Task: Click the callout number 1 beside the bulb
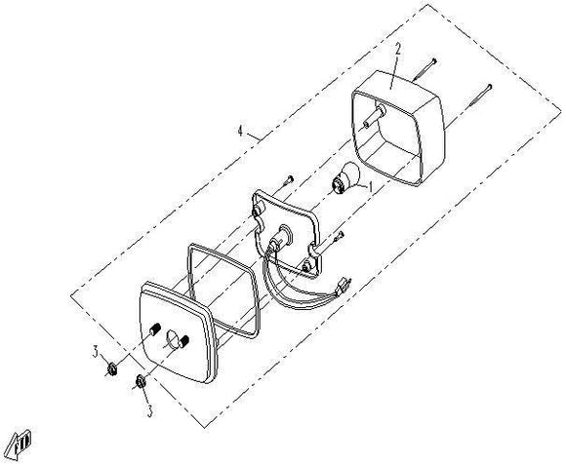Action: click(370, 187)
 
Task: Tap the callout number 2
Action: click(398, 50)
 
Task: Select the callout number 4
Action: click(241, 131)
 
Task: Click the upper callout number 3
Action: click(96, 352)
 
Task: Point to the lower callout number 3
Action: click(149, 411)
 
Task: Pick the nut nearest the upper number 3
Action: click(112, 369)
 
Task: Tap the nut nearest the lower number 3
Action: click(141, 381)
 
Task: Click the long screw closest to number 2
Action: click(424, 69)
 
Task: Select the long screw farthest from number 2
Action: click(480, 95)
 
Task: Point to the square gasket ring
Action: click(222, 291)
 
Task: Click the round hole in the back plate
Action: click(172, 340)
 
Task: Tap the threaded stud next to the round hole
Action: click(183, 341)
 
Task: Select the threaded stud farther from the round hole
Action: click(153, 329)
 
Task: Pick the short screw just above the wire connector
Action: click(339, 237)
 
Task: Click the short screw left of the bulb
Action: click(289, 179)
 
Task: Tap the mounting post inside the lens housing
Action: click(374, 115)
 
